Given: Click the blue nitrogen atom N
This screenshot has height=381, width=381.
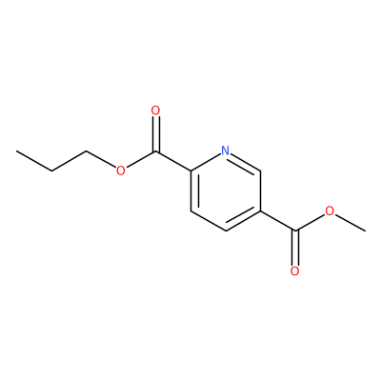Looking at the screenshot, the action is click(225, 150).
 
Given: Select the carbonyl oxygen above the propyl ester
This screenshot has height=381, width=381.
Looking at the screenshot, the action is click(155, 110).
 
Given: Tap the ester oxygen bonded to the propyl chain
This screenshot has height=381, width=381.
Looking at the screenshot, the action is click(121, 170).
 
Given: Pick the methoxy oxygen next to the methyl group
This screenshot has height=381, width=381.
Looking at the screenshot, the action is click(331, 211).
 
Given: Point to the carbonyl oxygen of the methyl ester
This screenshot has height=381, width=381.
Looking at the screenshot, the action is click(295, 271).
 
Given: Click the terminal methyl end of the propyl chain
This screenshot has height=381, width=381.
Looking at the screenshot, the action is click(17, 151).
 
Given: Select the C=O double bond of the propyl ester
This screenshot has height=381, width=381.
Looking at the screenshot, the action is click(155, 134).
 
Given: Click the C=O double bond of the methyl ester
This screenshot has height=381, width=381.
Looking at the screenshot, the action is click(295, 248).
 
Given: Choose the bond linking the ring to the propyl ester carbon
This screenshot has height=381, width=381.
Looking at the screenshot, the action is click(173, 161).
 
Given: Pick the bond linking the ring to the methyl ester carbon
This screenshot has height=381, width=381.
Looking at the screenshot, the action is click(278, 221).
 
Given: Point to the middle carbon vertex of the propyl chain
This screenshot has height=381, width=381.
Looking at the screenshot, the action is click(51, 171).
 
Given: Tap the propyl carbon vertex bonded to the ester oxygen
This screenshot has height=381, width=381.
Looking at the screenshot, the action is click(87, 151).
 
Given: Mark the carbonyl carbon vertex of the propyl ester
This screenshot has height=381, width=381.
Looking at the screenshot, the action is click(155, 151).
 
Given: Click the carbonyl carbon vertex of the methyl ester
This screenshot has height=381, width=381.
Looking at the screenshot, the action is click(295, 231).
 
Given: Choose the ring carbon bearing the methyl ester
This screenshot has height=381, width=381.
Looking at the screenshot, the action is click(260, 211).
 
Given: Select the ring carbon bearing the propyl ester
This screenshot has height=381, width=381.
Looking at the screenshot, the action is click(190, 171).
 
